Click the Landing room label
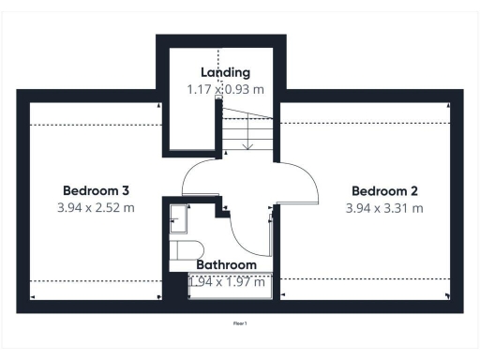pyautogui.click(x=225, y=72)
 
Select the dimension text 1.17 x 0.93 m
pyautogui.click(x=225, y=90)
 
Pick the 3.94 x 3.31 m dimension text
pyautogui.click(x=384, y=207)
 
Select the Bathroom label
pyautogui.click(x=226, y=265)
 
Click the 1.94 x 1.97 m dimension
pyautogui.click(x=227, y=281)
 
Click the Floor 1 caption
pyautogui.click(x=240, y=323)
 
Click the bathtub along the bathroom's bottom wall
pyautogui.click(x=230, y=292)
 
